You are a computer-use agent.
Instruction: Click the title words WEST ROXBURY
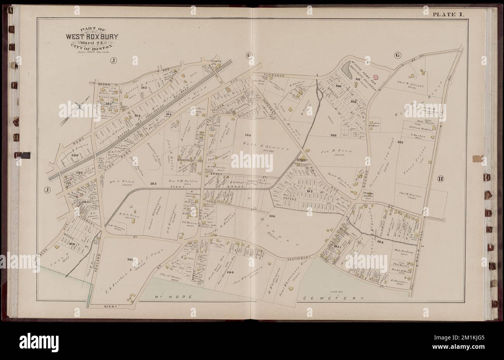(92, 37)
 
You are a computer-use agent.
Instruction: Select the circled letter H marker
(440, 179)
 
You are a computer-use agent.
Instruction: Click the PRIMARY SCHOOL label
(368, 195)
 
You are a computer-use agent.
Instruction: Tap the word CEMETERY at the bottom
(333, 299)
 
